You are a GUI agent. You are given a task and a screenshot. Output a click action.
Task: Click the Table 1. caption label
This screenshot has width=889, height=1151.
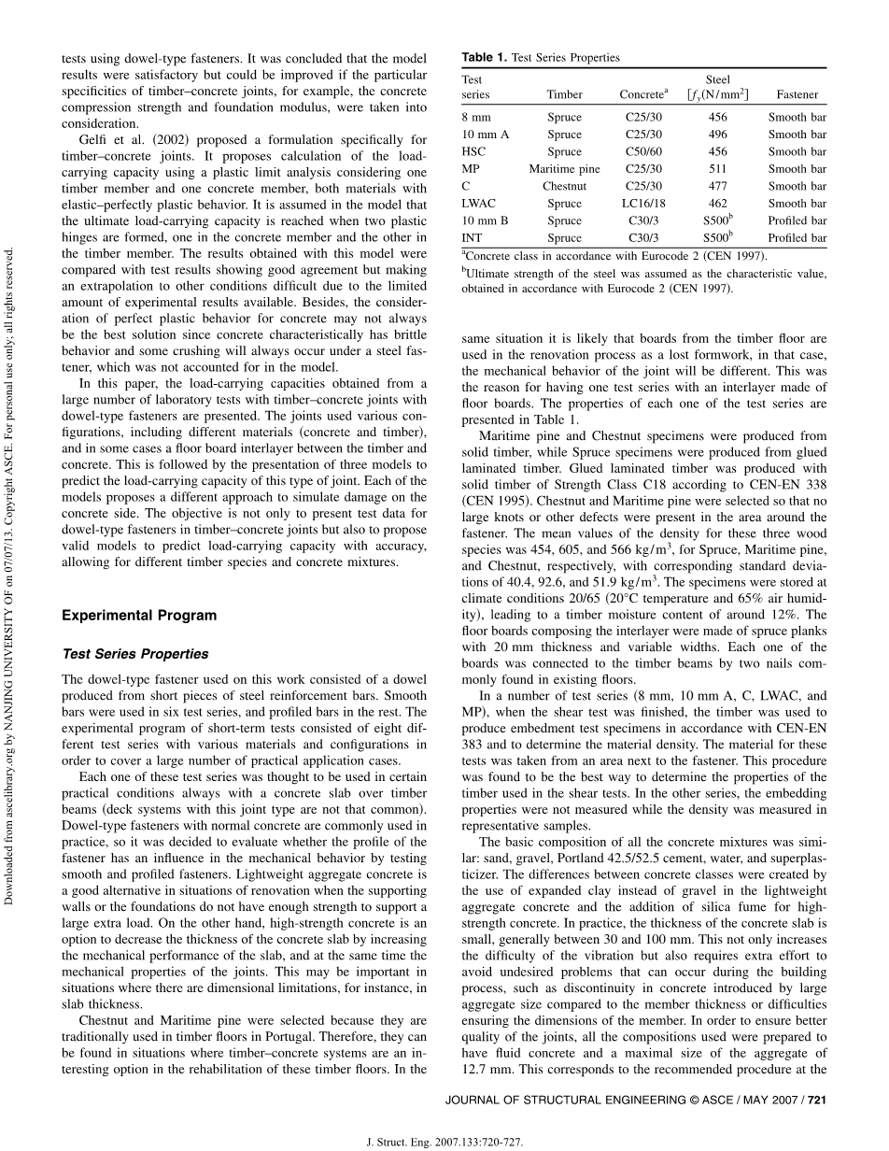point(485,58)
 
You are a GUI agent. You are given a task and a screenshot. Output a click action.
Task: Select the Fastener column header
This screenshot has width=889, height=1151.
point(797,94)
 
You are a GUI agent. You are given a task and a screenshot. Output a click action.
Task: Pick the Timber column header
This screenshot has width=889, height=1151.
point(564,94)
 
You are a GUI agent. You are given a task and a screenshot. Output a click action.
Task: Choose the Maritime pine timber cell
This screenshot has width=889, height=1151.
point(564,169)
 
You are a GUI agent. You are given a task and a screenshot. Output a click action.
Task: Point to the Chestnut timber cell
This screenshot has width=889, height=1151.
point(564,187)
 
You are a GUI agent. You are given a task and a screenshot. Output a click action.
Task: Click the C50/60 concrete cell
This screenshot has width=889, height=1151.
point(640,152)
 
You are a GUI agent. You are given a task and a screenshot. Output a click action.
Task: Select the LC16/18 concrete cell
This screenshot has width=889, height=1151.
point(640,204)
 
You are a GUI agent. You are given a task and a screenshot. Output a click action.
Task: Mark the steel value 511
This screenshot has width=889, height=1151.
point(718,169)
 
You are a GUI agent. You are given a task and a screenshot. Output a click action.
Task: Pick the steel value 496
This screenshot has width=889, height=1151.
point(718,135)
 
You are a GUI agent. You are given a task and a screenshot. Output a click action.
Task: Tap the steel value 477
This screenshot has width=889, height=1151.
point(718,187)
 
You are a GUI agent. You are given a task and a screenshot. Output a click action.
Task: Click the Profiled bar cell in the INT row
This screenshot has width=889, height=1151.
point(797,238)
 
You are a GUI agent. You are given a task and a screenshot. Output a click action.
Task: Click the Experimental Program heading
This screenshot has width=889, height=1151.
point(139,616)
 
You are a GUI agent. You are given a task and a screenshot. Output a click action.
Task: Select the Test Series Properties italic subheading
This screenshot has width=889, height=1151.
point(135,654)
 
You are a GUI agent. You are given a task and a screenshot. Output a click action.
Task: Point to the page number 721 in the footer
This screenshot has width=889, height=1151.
point(817,1100)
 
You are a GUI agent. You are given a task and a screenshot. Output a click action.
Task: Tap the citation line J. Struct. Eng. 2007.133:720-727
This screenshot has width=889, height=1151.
point(444,1141)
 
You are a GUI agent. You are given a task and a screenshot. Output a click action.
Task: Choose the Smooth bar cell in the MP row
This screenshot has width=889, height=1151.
point(797,169)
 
